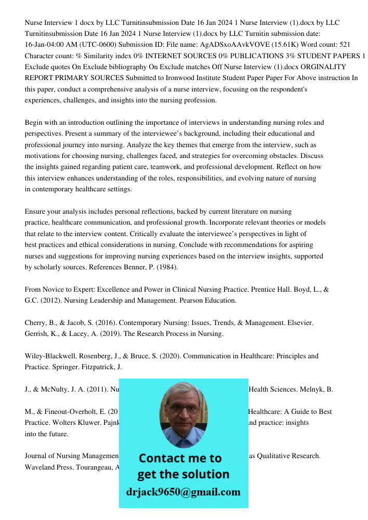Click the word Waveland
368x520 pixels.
(42, 467)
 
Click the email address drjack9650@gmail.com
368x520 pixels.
(183, 492)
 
